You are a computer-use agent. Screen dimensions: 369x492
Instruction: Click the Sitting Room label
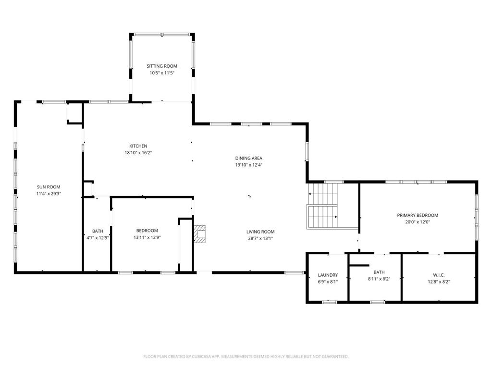point(162,66)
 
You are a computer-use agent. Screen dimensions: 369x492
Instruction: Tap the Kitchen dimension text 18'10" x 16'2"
point(138,153)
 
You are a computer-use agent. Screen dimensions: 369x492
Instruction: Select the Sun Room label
point(49,187)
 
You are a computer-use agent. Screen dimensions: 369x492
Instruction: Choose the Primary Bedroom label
point(417,215)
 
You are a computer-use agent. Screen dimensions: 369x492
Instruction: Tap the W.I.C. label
point(438,275)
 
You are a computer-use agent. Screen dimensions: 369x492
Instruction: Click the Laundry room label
point(328,275)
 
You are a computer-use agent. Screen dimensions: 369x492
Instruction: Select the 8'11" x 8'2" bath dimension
point(379,279)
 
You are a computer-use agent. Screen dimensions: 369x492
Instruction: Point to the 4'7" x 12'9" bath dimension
point(98,237)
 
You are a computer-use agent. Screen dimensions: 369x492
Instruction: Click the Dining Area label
point(248,158)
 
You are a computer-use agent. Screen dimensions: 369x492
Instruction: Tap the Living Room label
point(260,232)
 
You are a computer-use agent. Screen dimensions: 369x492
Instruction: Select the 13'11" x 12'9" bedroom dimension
point(147,237)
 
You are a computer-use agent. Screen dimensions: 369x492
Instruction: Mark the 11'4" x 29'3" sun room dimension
point(49,194)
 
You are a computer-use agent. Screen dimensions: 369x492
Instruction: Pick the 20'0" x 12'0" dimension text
point(417,222)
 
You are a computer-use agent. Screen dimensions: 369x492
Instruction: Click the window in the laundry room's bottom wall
point(329,302)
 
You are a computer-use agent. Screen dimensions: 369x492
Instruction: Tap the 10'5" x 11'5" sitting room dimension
point(162,73)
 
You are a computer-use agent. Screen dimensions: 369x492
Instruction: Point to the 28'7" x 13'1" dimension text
point(260,238)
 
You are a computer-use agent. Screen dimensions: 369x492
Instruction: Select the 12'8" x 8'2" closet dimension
point(438,282)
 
